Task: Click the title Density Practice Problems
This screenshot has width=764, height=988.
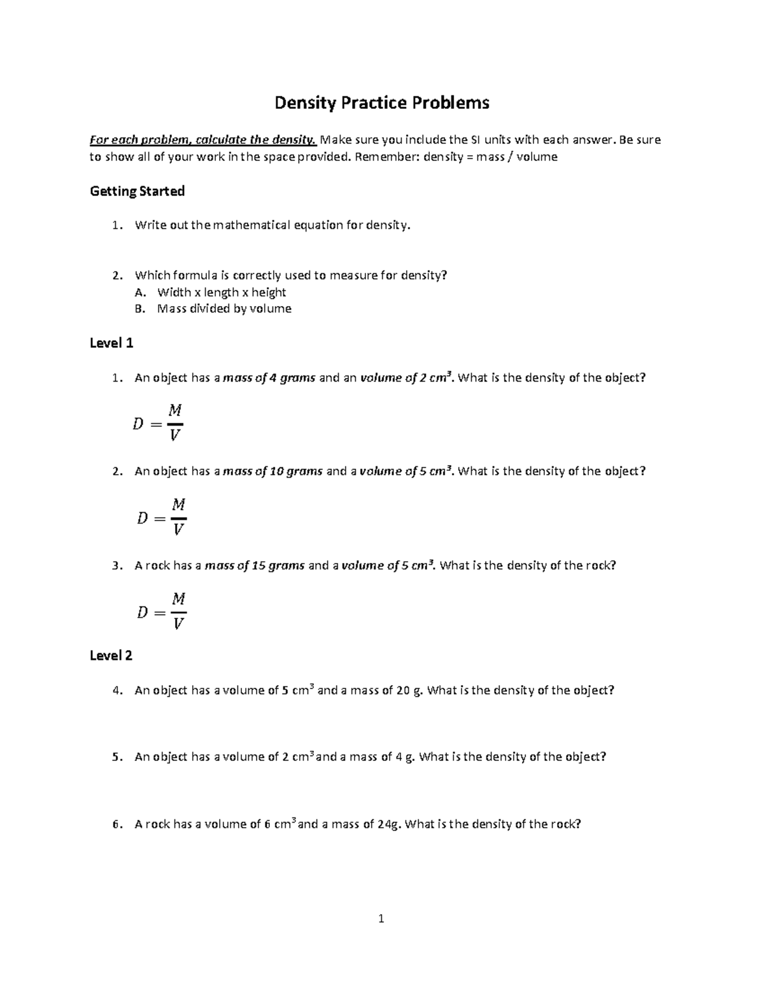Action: (x=382, y=102)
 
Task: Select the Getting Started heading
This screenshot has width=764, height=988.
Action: (x=137, y=191)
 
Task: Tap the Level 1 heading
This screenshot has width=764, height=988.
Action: (x=111, y=343)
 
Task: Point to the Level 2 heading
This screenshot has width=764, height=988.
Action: (x=111, y=655)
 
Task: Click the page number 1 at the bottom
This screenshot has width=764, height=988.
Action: (x=381, y=918)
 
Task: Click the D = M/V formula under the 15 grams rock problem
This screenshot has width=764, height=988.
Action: (x=162, y=611)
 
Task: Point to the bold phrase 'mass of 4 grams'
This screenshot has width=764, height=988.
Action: (x=269, y=378)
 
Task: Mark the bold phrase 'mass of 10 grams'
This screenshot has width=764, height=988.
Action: (x=273, y=471)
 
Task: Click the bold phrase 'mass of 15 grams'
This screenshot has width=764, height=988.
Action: (x=255, y=566)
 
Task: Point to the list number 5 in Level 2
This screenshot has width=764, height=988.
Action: (x=115, y=757)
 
